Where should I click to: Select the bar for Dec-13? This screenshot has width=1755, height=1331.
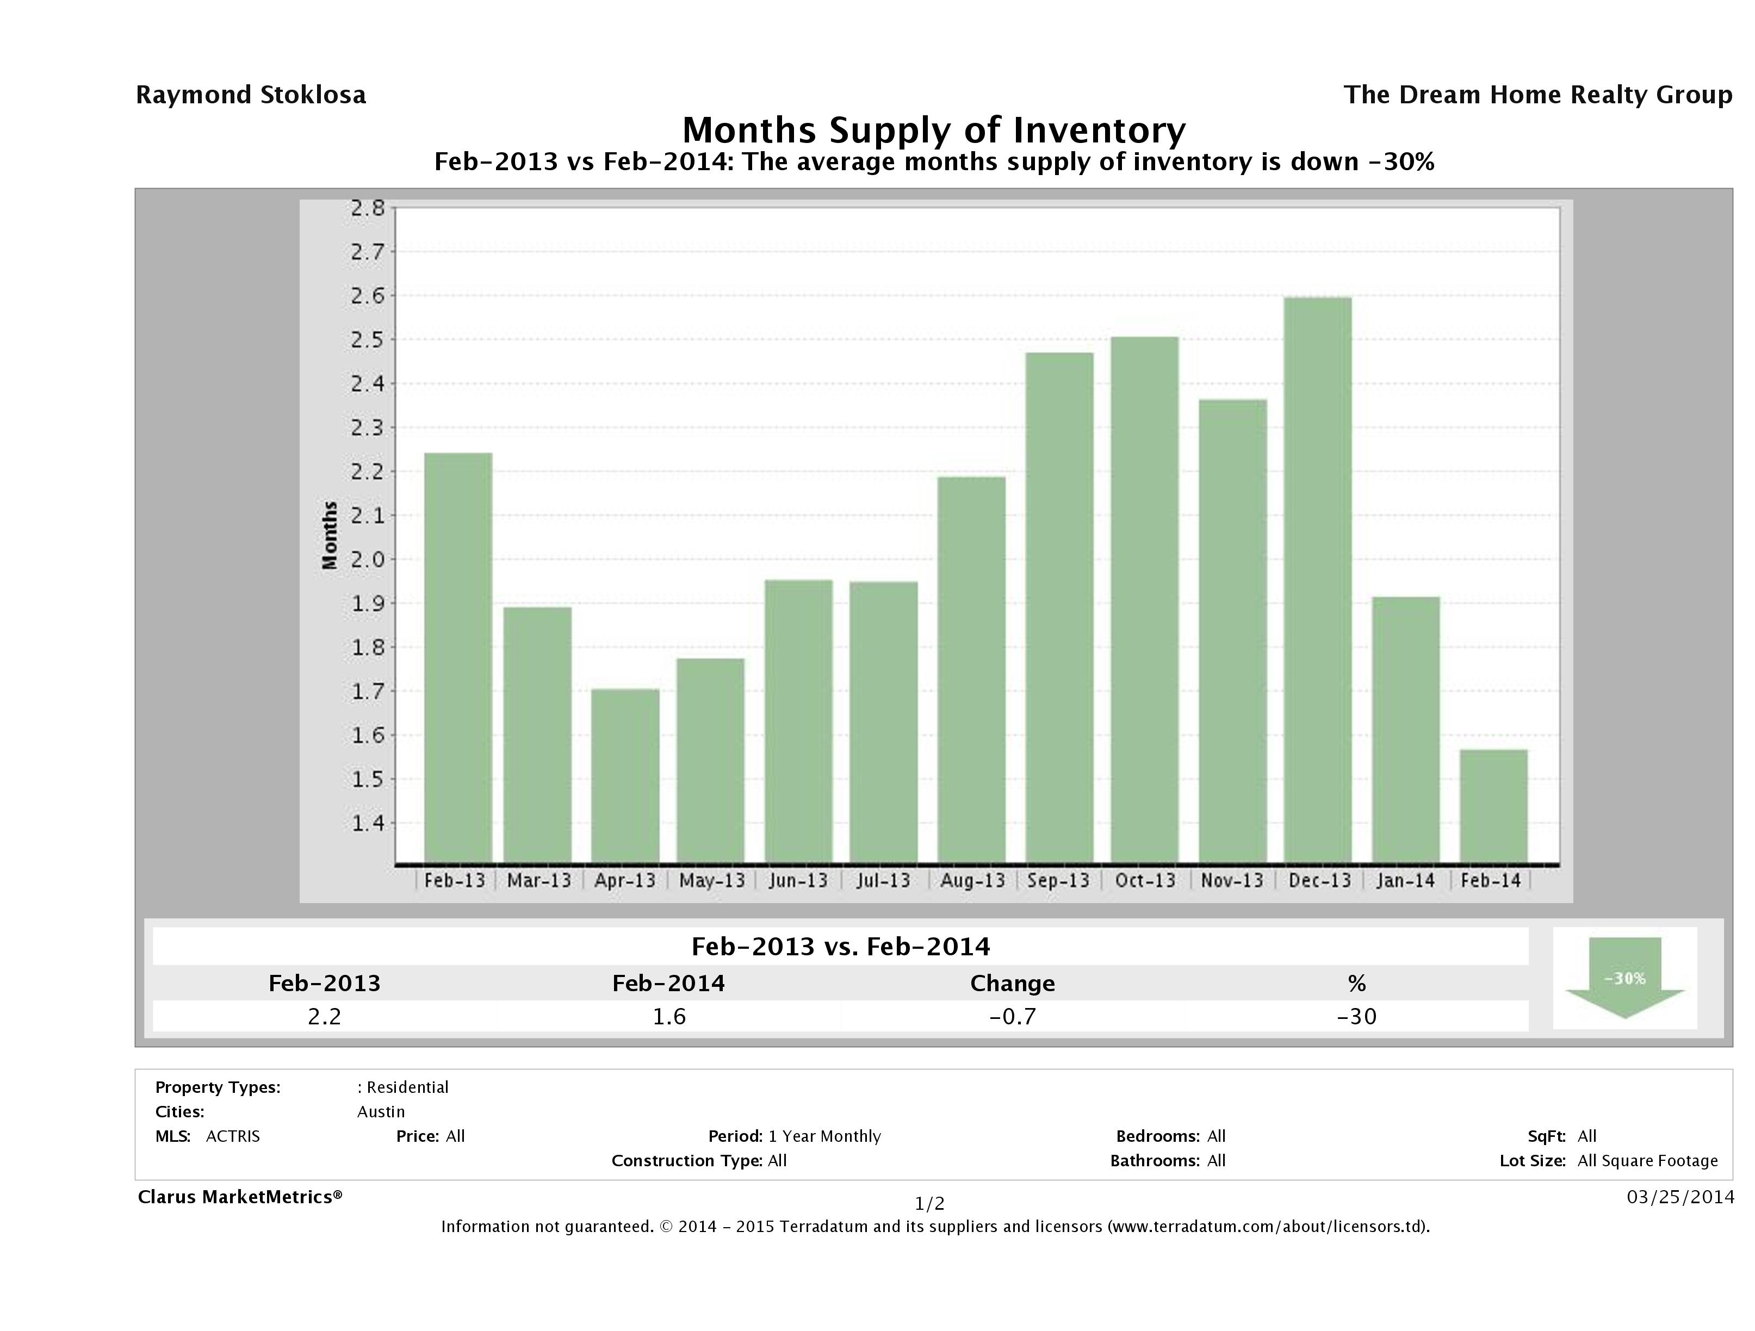(1318, 580)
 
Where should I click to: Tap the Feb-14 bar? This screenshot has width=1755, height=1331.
(1493, 806)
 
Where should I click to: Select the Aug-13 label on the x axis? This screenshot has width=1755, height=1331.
(972, 880)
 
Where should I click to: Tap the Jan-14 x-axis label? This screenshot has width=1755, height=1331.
(1405, 880)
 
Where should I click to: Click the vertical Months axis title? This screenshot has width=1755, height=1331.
(329, 536)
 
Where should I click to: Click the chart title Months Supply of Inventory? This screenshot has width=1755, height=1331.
(934, 130)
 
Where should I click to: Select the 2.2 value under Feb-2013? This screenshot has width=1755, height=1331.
(325, 1016)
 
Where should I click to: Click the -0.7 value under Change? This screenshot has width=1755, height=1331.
(1013, 1016)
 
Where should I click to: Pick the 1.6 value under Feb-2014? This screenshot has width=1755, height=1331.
(669, 1016)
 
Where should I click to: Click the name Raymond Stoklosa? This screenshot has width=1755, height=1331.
(251, 95)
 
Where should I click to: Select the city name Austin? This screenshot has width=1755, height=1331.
(381, 1111)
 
